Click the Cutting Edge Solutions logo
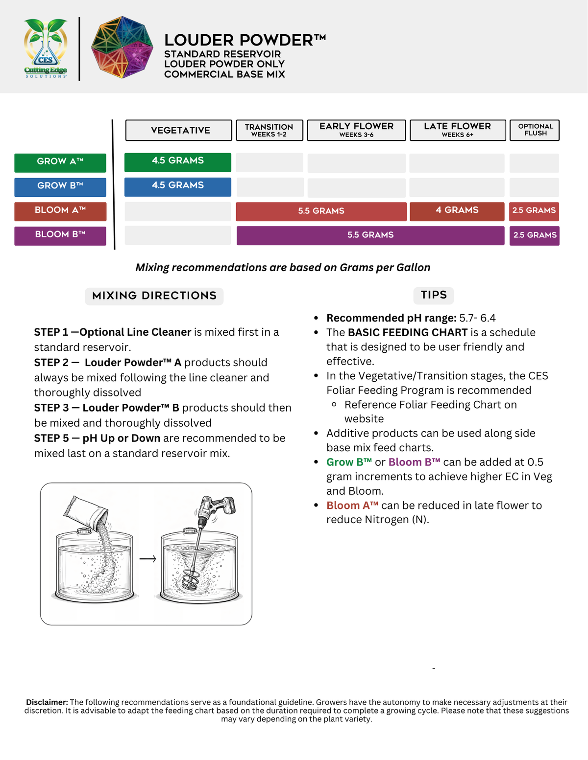coord(46,48)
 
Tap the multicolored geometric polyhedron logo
coord(122,47)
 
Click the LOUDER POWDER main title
coord(245,40)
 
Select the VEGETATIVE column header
coord(179,130)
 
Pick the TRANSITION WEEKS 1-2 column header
coord(269,130)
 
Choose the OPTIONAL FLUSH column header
coord(535,130)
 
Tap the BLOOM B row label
coord(60,235)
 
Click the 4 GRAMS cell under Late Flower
coord(457,211)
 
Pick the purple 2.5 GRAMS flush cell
coord(534,235)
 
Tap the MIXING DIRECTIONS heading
coord(154,296)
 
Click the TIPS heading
coord(434,295)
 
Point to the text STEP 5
coord(51,438)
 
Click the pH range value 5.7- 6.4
coord(477,319)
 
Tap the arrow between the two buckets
coord(147,559)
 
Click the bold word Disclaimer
coord(47,703)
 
